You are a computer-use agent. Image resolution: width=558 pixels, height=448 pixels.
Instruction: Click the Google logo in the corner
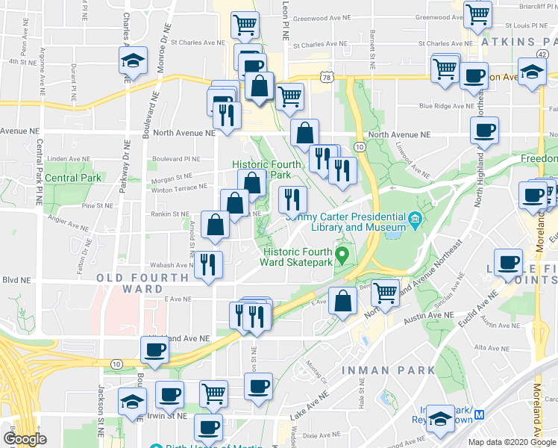pos(25,439)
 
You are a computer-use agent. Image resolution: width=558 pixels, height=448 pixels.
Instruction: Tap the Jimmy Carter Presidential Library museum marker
pos(416,220)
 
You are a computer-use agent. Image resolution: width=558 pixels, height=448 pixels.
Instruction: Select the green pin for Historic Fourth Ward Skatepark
pos(342,255)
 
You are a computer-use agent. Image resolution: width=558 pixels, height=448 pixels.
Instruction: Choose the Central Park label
pos(72,178)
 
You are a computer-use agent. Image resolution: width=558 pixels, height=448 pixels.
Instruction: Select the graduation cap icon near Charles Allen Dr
pos(133,60)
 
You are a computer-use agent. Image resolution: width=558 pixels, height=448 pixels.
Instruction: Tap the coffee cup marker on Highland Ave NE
pos(155,349)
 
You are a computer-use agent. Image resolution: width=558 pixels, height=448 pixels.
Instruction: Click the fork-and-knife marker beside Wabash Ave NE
pos(208,264)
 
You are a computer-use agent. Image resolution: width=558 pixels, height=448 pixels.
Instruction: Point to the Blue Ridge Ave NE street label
pos(447,106)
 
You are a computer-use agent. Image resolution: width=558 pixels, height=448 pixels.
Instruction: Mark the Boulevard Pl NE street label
pos(177,158)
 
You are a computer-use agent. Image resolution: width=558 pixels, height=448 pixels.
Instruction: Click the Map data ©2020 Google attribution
pos(512,442)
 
